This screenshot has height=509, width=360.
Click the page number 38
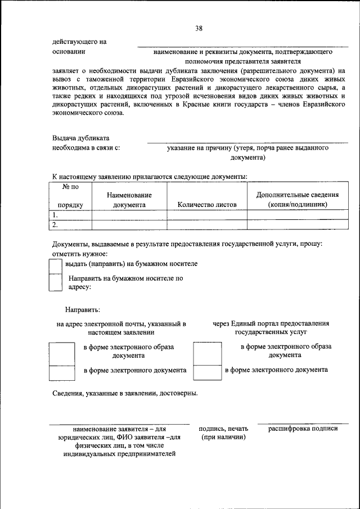pyautogui.click(x=199, y=28)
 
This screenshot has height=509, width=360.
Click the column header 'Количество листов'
pyautogui.click(x=206, y=205)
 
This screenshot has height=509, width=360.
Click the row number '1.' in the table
pyautogui.click(x=55, y=215)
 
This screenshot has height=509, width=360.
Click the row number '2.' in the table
pyautogui.click(x=55, y=225)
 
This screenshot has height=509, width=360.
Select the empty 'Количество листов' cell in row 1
pyautogui.click(x=206, y=215)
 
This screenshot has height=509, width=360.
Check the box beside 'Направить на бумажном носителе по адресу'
pyautogui.click(x=55, y=282)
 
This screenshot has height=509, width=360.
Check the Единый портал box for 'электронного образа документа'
pyautogui.click(x=207, y=353)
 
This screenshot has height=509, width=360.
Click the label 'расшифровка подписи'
pyautogui.click(x=303, y=429)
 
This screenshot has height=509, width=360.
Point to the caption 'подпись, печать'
pyautogui.click(x=223, y=429)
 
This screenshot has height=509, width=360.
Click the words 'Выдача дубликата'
pyautogui.click(x=81, y=138)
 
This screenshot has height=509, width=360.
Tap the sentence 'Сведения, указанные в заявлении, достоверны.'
pyautogui.click(x=125, y=393)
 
